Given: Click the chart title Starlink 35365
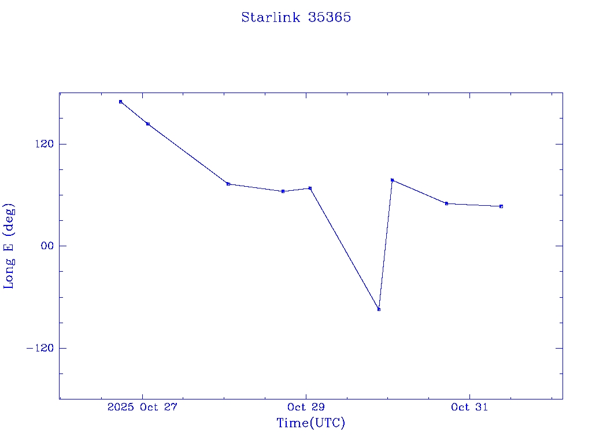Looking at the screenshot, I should (296, 17).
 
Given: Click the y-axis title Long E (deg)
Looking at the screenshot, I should (9, 246).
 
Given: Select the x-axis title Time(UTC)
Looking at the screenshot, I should (311, 423).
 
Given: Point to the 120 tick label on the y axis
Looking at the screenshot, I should (43, 144).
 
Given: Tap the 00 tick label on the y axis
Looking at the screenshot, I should (45, 246).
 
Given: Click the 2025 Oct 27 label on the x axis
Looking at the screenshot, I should (142, 407).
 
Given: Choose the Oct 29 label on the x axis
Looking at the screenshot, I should (306, 407).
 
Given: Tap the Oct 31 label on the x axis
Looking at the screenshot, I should (469, 407).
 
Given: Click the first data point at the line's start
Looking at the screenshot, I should (120, 102).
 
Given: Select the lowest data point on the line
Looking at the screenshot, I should (379, 309).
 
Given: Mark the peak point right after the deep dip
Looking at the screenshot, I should (392, 180).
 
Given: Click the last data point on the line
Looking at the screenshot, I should (501, 206).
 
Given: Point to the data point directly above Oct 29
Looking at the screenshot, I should (310, 188).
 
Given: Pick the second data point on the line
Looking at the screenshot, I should (148, 124).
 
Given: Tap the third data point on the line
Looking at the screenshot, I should (228, 184).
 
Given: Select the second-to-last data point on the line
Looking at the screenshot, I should (446, 203).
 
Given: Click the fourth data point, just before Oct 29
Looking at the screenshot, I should (283, 191).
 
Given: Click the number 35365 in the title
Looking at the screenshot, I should (330, 17).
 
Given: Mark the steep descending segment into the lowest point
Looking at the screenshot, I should (345, 249).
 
